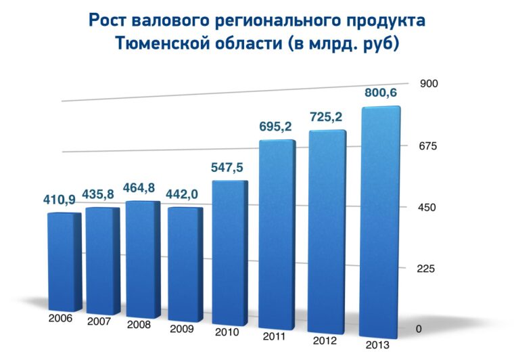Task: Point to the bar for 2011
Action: point(277,237)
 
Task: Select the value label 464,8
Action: point(142,187)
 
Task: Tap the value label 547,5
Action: point(229,167)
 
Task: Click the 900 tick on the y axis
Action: point(430,83)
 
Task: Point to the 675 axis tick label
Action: point(429,145)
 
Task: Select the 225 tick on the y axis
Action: point(429,268)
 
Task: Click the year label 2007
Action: point(99,321)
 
